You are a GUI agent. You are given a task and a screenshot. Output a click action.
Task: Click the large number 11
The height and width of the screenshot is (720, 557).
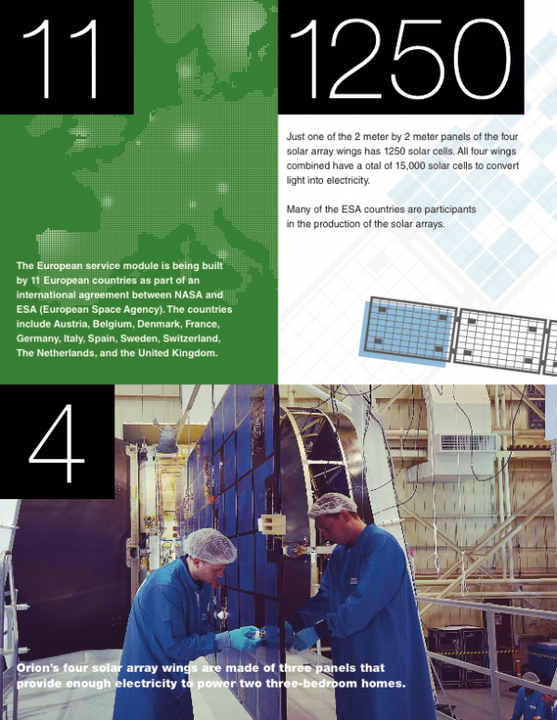(x=60, y=58)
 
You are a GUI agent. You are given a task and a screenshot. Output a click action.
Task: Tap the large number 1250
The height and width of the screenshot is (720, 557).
(x=400, y=58)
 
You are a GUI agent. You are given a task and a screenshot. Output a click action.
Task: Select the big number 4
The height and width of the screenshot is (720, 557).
(x=57, y=444)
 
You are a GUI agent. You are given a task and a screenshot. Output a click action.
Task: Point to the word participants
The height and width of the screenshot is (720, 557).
(x=450, y=210)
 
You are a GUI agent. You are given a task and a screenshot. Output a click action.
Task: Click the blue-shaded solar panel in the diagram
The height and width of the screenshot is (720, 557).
(x=408, y=330)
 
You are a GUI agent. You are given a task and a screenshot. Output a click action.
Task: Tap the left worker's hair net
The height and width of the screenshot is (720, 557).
(x=210, y=545)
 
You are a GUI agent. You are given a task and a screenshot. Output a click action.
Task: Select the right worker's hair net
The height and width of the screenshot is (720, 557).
(x=332, y=504)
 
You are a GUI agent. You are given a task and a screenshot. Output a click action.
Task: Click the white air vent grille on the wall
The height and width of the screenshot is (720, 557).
(x=469, y=443)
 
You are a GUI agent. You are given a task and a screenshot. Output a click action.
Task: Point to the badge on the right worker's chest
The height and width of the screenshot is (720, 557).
(x=354, y=581)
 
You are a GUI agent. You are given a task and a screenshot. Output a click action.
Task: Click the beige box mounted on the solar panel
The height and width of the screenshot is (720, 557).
(x=272, y=523)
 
